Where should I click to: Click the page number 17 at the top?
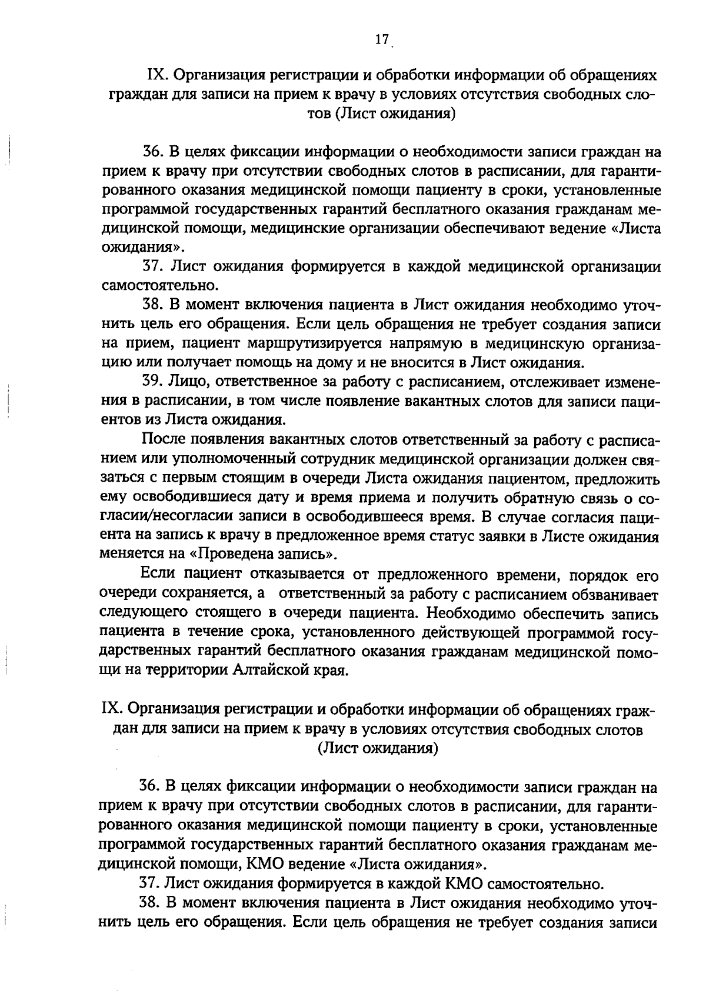(381, 39)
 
